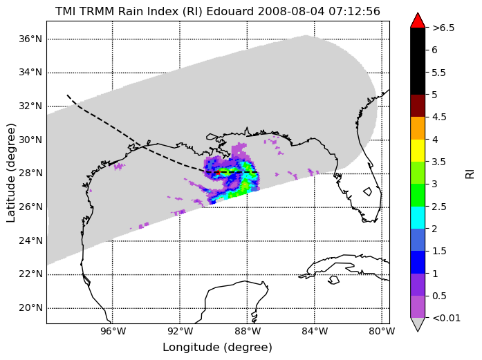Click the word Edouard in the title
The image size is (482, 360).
coord(230,11)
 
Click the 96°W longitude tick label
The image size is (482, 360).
coord(112,332)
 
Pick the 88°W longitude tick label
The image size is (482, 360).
coord(247,332)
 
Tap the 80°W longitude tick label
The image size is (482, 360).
coord(382,332)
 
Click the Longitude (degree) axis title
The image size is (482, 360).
coord(218,348)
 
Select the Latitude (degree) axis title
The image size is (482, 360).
coord(11,173)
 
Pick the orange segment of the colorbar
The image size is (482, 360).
coord(418,128)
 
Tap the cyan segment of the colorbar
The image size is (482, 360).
coord(418,218)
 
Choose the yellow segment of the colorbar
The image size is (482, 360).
coord(418,151)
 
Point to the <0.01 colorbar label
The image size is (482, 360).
coord(446,318)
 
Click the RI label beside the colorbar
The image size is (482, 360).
coord(470,174)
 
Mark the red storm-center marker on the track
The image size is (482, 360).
coord(218,172)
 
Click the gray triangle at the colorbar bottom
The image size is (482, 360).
coord(418,324)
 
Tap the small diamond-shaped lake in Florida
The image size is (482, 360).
coord(368,191)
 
